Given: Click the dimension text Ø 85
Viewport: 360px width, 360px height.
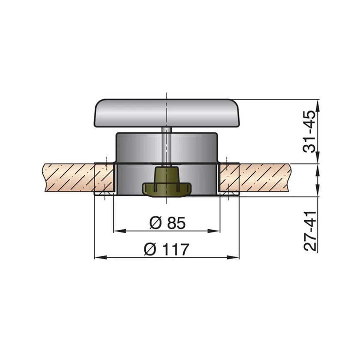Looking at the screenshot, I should click(167, 223).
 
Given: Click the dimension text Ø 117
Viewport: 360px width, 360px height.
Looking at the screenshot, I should click(167, 249).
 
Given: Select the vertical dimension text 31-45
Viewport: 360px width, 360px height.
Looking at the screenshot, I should click(310, 131).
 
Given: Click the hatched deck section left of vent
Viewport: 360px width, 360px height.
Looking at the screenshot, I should click(69, 178).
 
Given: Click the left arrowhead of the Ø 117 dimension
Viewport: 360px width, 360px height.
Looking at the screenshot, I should click(97, 258).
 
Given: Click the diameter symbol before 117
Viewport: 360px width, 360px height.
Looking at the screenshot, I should click(150, 249).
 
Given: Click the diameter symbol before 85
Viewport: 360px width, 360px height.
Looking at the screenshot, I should click(155, 223).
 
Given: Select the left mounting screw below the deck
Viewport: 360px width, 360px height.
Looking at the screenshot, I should click(105, 195).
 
